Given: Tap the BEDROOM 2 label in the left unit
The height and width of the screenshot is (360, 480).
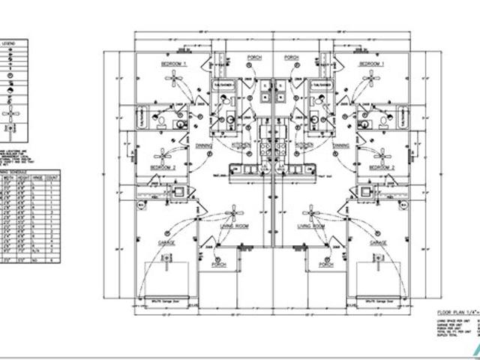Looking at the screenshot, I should [x=163, y=166].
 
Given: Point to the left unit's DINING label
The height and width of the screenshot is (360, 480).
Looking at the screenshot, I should [x=203, y=145].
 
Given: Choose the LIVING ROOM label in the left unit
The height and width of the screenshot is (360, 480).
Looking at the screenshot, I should [x=233, y=226].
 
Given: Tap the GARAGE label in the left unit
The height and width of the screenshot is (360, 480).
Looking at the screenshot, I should [x=166, y=244].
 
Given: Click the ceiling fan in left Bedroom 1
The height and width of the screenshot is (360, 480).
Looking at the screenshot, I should [x=176, y=82].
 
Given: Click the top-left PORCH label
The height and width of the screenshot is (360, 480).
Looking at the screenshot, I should [x=253, y=58].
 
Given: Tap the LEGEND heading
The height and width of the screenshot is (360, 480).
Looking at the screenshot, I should [x=8, y=43].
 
